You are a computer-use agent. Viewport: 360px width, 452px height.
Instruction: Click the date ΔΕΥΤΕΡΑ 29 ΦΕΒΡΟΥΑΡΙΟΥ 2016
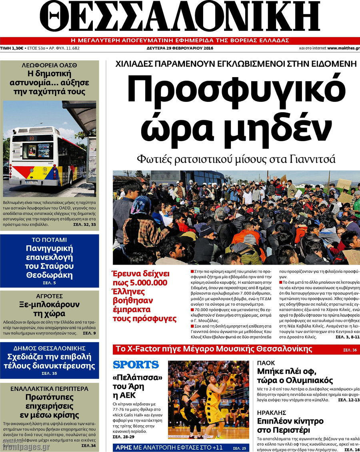pos(180,48)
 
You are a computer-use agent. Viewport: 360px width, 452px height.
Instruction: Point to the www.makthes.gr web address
pos(343,48)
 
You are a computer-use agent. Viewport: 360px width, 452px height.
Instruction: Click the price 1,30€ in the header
pos(17,48)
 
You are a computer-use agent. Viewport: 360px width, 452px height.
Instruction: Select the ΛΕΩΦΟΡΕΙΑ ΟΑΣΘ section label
pos(49,65)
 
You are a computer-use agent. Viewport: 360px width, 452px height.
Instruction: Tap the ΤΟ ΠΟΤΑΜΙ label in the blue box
pos(49,240)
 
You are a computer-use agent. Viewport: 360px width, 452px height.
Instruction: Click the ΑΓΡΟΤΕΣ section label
pos(49,296)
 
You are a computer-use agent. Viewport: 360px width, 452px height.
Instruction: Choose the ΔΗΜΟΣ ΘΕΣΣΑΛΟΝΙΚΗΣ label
pos(49,348)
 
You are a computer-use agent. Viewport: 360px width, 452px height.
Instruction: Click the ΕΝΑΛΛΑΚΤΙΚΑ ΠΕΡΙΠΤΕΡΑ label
pos(49,388)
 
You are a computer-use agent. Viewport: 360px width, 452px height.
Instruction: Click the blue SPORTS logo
pos(136,364)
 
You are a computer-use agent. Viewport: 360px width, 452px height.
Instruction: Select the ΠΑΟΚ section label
pos(266,364)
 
